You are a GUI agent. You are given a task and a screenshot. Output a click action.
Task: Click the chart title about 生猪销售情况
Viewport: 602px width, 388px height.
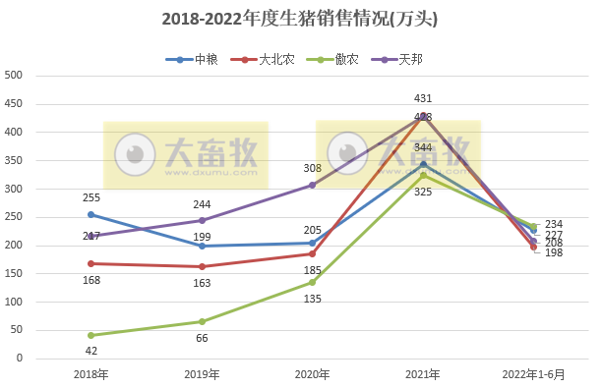click(300, 19)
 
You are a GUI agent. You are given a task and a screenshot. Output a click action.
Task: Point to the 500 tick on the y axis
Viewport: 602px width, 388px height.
click(14, 76)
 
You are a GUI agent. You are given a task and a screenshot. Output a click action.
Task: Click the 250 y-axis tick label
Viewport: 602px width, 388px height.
click(14, 217)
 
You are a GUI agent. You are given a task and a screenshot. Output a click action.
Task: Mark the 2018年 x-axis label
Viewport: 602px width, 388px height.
click(90, 374)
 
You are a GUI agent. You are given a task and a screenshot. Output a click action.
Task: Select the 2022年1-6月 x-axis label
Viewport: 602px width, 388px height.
click(533, 374)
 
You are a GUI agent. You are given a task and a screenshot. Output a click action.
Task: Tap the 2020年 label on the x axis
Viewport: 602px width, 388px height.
click(312, 374)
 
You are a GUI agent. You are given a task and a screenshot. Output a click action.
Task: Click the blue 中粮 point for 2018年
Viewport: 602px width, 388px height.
click(90, 214)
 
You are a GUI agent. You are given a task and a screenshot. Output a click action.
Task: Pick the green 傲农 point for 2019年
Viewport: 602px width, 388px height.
click(202, 321)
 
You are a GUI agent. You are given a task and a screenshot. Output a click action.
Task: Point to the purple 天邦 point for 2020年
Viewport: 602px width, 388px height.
click(313, 185)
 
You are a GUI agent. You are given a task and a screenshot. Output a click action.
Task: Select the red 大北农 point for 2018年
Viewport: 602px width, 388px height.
click(90, 263)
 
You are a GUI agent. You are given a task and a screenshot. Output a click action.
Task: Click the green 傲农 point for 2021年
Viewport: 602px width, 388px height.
click(423, 175)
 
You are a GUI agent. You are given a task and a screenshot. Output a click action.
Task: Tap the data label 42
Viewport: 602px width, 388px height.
click(90, 350)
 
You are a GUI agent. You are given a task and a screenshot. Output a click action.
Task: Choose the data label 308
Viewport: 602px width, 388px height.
click(312, 169)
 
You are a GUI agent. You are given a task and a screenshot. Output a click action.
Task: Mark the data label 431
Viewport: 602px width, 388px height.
click(423, 99)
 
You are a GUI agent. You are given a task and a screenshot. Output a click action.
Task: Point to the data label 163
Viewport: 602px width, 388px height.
click(202, 282)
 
